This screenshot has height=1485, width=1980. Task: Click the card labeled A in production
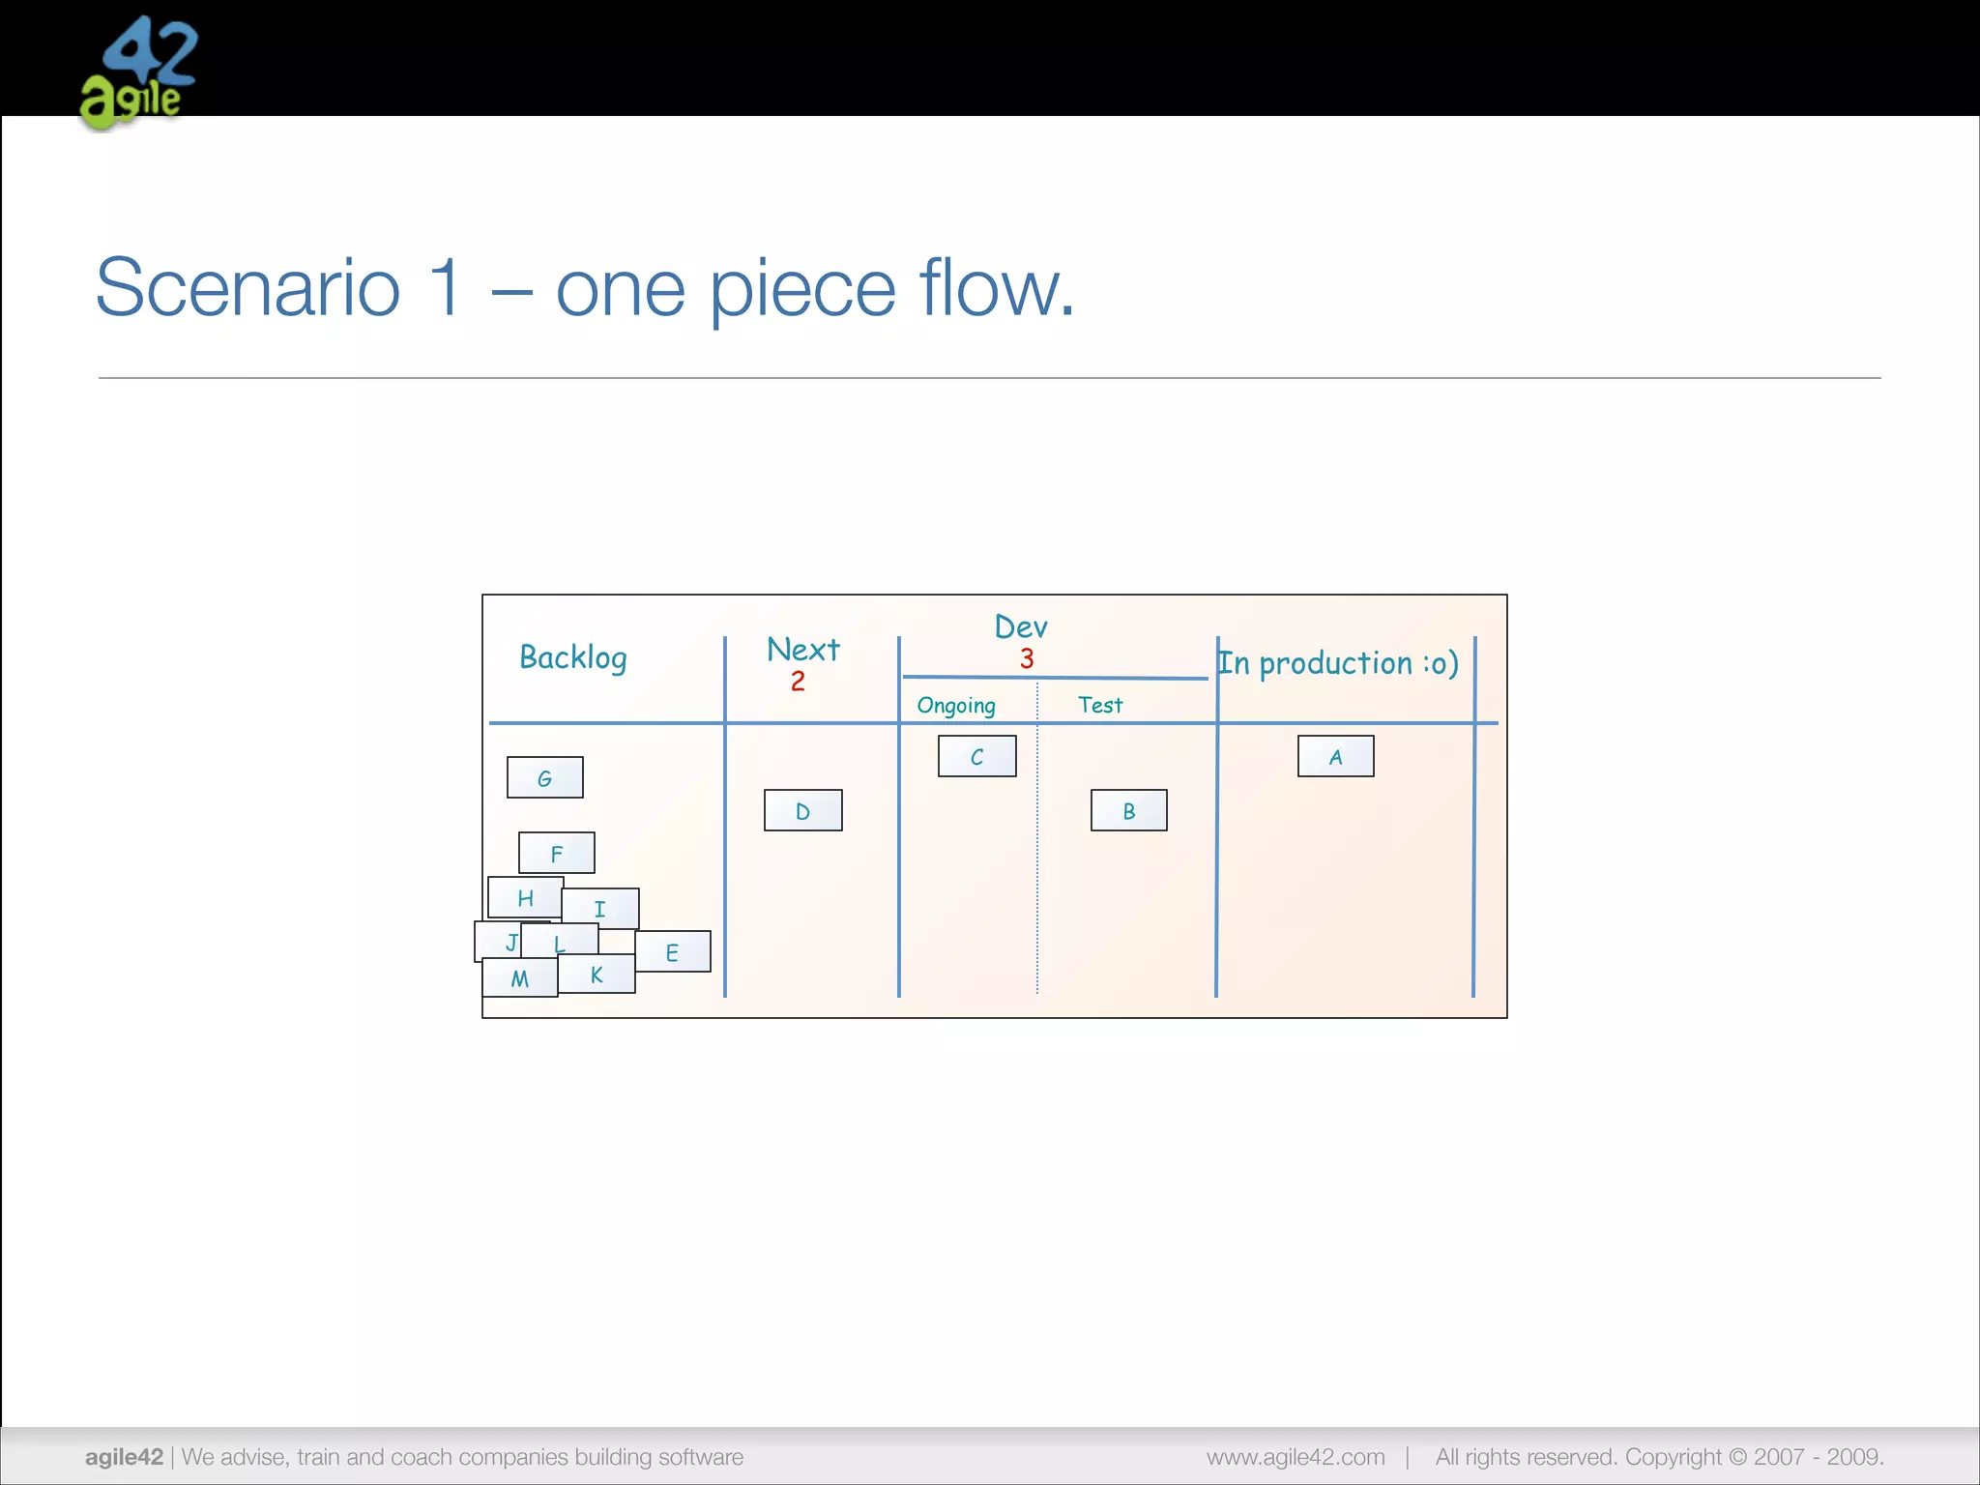pos(1335,756)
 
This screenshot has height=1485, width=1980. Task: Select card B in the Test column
pos(1128,810)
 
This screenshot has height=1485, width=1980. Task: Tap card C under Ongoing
pos(976,756)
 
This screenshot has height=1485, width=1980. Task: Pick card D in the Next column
pos(802,810)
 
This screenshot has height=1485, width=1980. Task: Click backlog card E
pos(673,952)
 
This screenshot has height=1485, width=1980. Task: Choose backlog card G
pos(544,777)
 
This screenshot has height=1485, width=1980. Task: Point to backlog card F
pos(556,853)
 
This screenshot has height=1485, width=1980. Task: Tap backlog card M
pos(519,978)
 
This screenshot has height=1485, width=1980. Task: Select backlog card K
pos(597,975)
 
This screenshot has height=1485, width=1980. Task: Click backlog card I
pos(600,908)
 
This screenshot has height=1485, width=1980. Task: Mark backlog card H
pos(525,897)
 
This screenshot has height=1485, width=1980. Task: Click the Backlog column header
pos(573,657)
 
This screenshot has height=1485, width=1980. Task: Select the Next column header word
pos(802,649)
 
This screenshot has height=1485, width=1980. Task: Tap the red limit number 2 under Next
pos(798,682)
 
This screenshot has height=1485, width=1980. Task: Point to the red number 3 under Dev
pos(1027,659)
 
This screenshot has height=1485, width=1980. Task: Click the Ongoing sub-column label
pos(956,706)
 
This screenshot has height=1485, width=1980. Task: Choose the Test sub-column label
pos(1100,705)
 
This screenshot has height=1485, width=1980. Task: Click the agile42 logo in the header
pos(138,73)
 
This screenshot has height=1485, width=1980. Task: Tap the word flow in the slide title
pos(996,288)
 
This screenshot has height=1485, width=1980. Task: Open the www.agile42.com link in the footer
pos(1296,1457)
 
